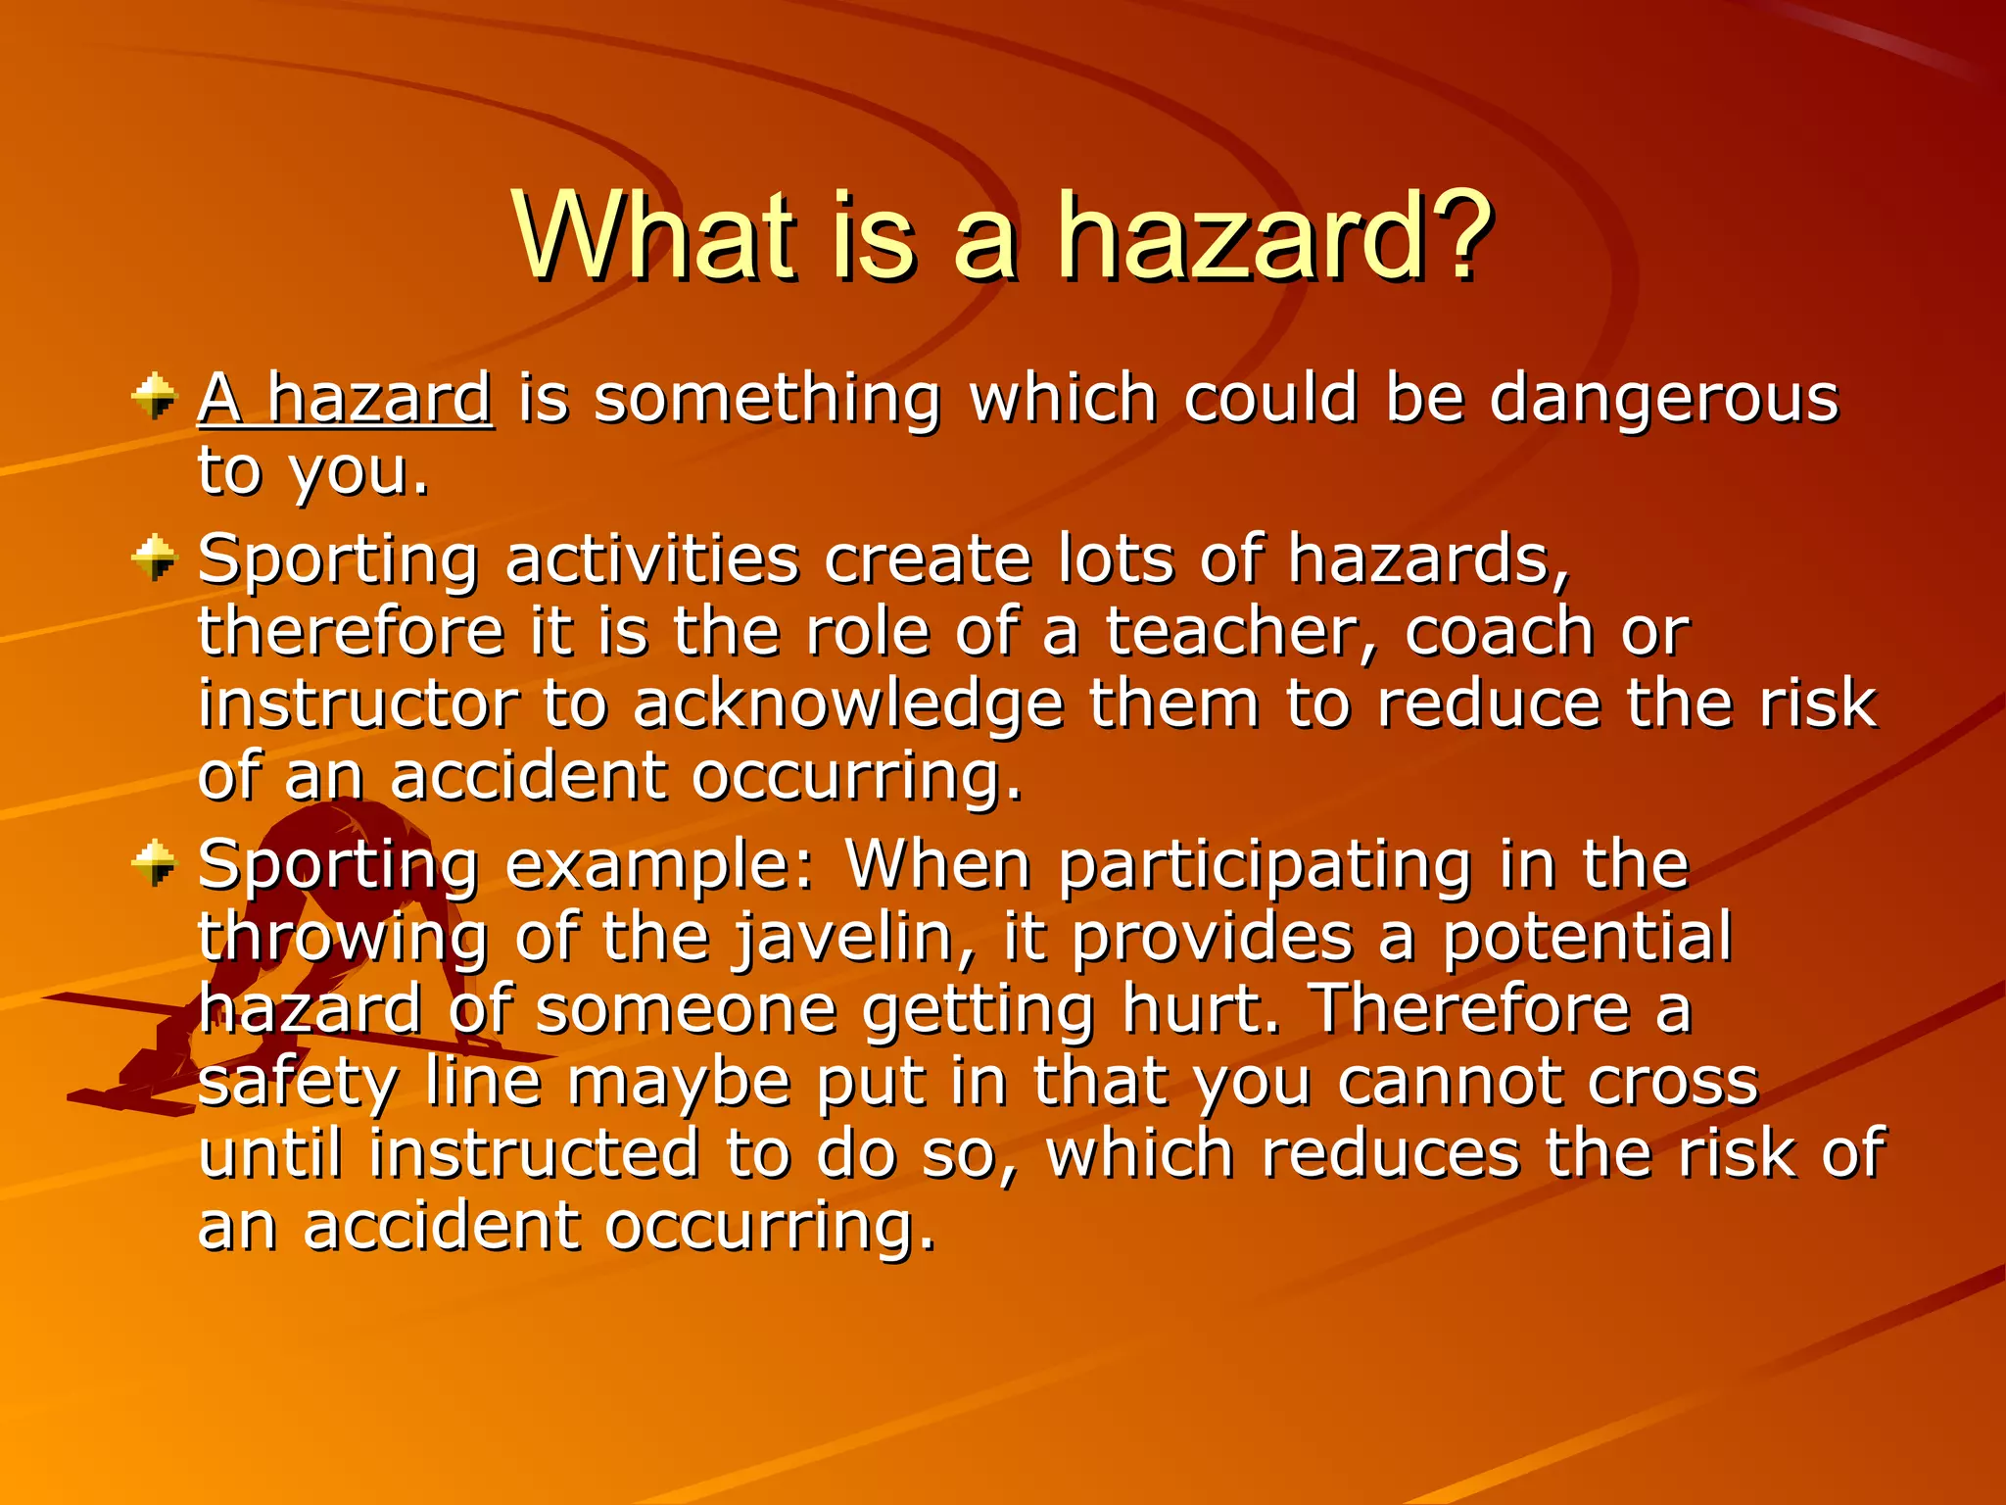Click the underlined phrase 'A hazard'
(345, 399)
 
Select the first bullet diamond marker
(154, 397)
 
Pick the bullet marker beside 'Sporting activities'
(154, 558)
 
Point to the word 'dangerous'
(1663, 399)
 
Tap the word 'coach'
(1499, 632)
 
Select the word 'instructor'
(358, 704)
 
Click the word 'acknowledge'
(848, 704)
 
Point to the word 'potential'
(1587, 938)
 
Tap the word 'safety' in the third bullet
(298, 1083)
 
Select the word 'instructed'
(534, 1154)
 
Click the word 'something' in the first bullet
(768, 399)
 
